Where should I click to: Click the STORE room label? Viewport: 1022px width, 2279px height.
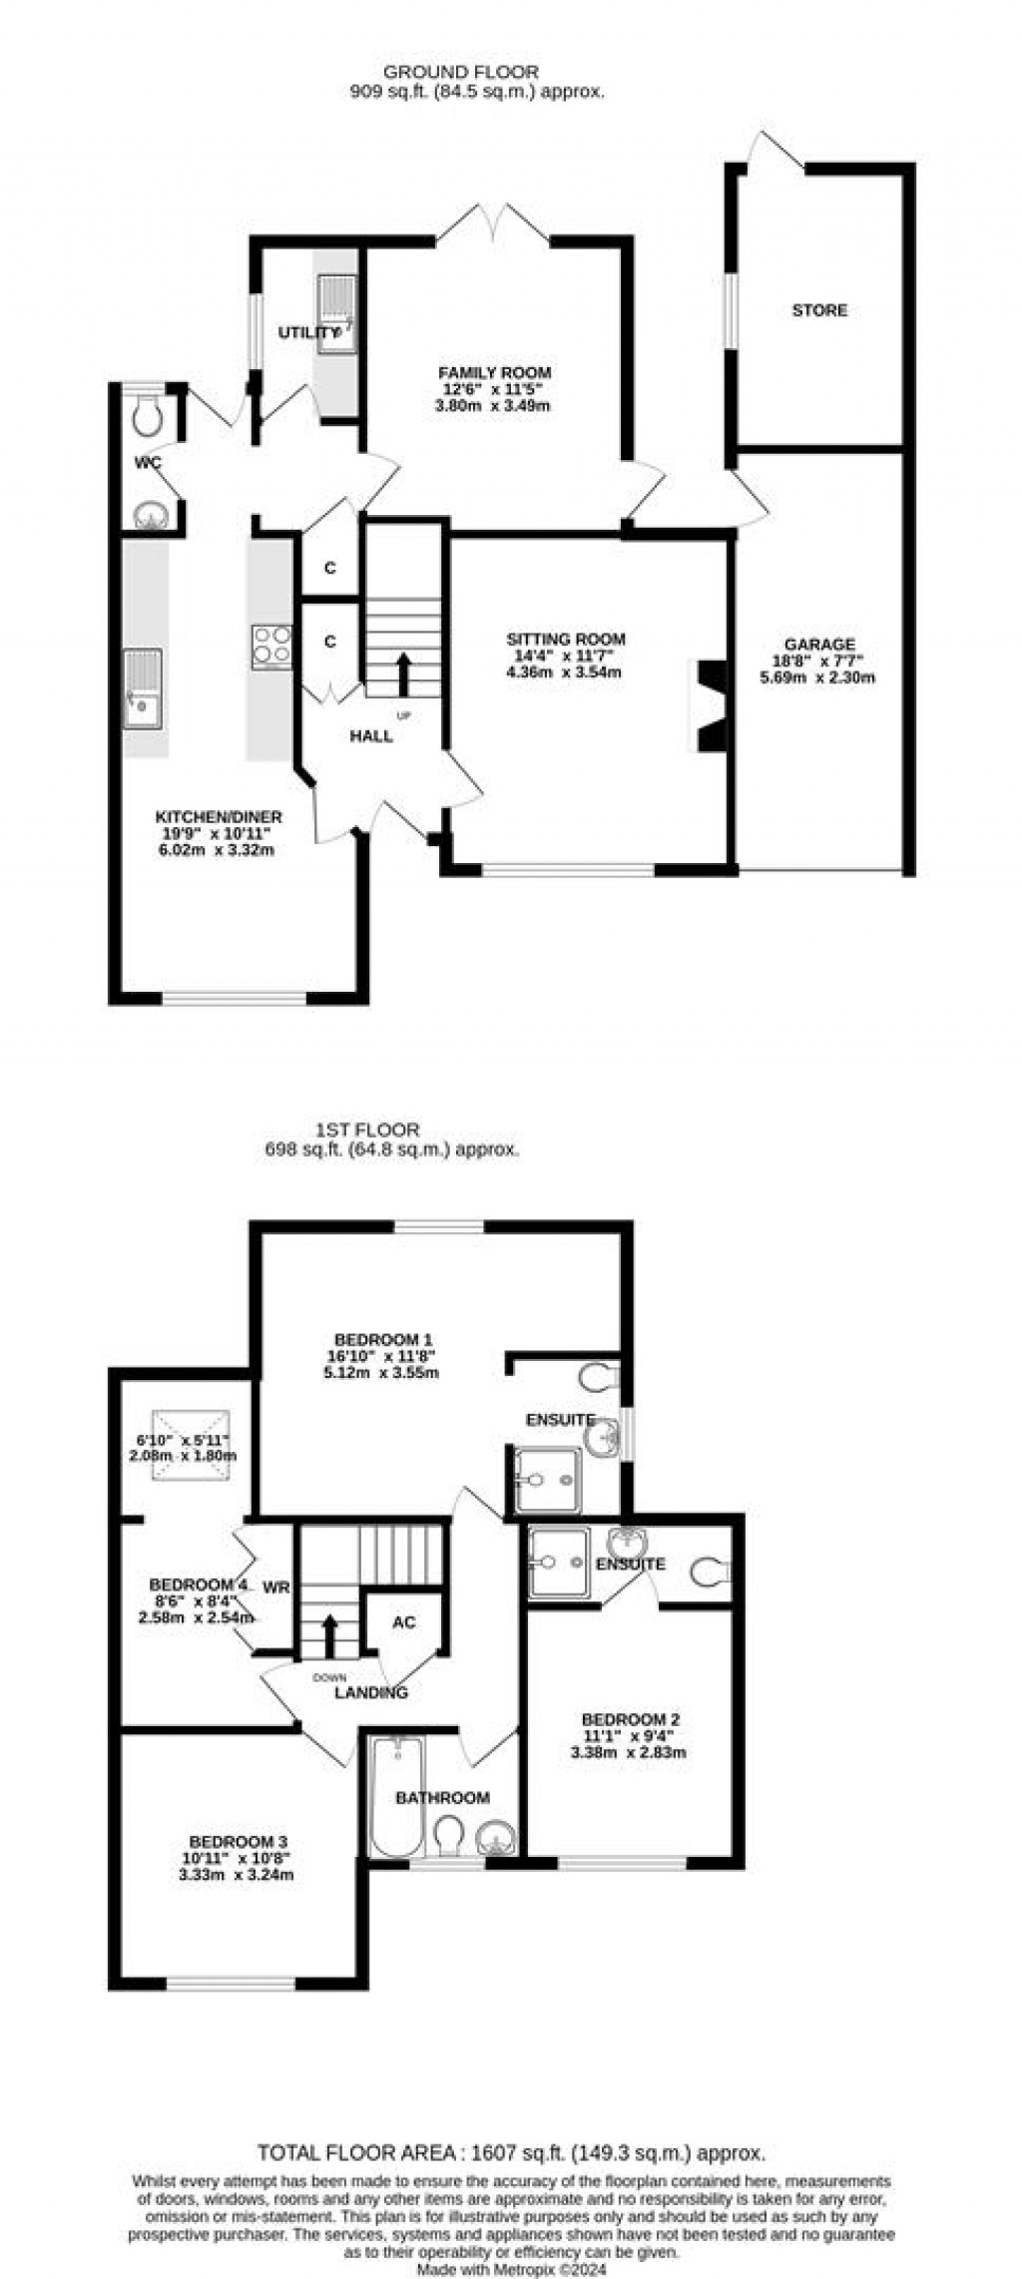pos(819,310)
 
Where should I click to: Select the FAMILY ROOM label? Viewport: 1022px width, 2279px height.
pos(495,372)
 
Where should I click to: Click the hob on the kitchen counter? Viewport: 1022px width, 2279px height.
pos(271,644)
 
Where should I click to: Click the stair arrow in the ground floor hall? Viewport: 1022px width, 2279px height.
pos(403,674)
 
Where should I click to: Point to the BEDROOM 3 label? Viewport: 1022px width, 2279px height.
pos(240,1841)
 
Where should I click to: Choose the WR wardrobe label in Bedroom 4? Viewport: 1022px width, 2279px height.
pos(275,1587)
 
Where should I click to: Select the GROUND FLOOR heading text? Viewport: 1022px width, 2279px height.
pos(461,72)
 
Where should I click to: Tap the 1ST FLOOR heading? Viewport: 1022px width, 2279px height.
pos(367,1131)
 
